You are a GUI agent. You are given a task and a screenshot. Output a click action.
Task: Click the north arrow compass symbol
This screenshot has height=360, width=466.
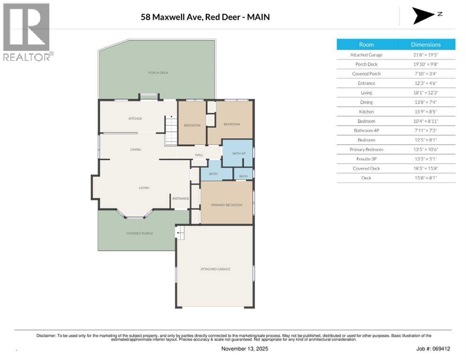424,15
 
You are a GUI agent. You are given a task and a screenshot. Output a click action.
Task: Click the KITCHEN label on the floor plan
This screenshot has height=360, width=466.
135,119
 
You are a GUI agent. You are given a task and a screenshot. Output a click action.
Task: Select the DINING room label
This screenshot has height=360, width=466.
136,150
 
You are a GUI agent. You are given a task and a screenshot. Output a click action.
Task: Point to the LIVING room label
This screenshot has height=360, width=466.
144,188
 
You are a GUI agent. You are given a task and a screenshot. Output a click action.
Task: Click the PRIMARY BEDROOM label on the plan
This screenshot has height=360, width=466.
226,205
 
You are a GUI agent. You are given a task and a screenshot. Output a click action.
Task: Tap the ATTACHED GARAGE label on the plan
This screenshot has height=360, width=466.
215,269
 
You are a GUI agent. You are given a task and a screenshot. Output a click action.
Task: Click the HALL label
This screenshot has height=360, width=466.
199,155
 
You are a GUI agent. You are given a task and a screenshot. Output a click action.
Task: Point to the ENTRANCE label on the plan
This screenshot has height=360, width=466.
180,199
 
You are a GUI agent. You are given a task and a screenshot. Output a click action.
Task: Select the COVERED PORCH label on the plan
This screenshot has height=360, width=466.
139,233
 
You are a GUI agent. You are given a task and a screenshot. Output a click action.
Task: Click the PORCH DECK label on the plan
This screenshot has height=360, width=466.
158,73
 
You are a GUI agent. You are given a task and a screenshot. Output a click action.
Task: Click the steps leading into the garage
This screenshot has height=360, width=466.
180,231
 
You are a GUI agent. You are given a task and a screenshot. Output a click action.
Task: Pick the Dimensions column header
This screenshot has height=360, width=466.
426,45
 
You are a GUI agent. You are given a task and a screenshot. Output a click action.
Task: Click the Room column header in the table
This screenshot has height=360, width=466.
366,45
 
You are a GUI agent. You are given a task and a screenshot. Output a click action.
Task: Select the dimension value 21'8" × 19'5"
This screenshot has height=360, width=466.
426,55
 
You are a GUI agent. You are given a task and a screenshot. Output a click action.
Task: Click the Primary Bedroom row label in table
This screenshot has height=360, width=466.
366,150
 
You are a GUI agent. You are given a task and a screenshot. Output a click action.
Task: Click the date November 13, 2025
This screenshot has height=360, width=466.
244,349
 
